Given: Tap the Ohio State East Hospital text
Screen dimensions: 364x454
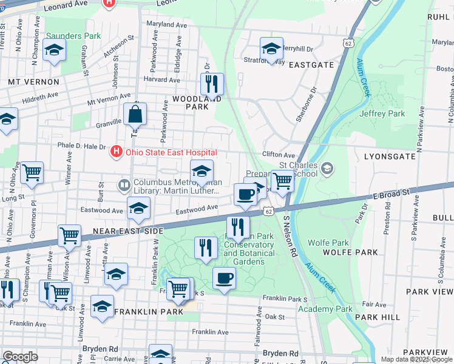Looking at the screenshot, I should pos(171,152).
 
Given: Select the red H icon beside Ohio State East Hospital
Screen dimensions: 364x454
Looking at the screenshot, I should pos(117,152).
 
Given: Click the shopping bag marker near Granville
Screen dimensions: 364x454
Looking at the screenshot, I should pos(135,114).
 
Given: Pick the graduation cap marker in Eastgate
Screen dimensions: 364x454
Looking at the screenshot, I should pos(271,48).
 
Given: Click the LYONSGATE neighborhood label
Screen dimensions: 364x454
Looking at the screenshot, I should pos(390,156).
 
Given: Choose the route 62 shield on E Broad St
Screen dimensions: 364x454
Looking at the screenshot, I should pos(268,211).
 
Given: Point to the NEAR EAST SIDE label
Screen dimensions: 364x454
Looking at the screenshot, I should pos(127,232).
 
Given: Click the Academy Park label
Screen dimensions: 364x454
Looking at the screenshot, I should pos(325,309).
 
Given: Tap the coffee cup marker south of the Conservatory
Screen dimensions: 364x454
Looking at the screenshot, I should pos(224,278).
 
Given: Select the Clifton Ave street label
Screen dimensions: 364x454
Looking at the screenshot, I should pos(278,155).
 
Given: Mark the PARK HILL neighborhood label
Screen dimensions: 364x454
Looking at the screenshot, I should pos(377,317).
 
